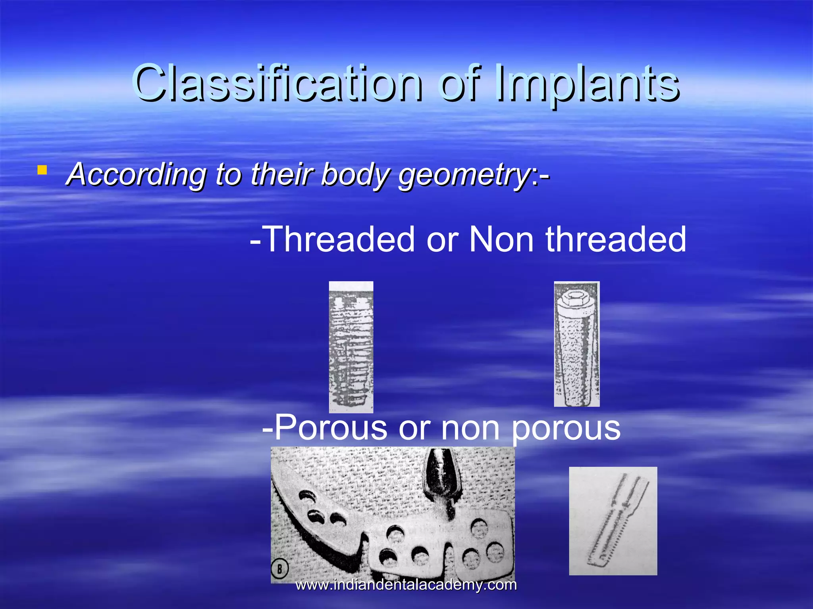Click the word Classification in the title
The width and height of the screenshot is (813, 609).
[x=278, y=83]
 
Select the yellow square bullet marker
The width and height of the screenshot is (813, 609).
[x=42, y=170]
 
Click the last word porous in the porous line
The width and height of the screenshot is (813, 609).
[x=566, y=428]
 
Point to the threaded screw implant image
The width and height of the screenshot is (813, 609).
[x=351, y=347]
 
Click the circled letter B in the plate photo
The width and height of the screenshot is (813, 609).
[x=279, y=569]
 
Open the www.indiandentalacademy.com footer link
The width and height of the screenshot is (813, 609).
[x=406, y=585]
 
